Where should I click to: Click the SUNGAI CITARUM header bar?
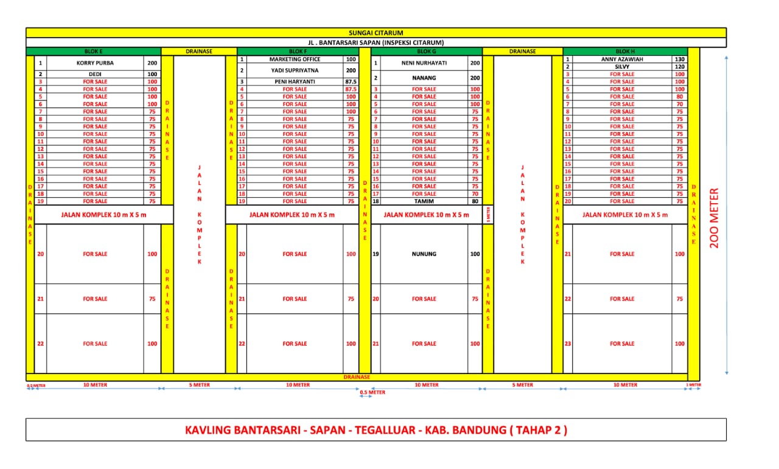pos(376,33)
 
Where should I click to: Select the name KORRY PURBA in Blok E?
pos(95,63)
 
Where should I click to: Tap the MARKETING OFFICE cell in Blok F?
pos(295,60)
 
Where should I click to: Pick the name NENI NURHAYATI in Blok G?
pos(424,63)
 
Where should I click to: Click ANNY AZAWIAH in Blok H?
pos(622,60)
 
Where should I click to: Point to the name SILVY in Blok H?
pos(622,67)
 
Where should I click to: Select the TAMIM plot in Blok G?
pos(424,201)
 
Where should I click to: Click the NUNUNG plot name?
pos(424,254)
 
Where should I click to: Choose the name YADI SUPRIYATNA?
pos(295,71)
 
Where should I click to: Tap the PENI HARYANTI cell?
pos(295,82)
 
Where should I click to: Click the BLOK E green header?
pos(93,52)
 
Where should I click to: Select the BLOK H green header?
pos(625,52)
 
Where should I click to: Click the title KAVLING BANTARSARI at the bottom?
pos(376,430)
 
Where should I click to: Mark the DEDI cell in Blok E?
pos(95,74)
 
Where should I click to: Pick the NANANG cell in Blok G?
pos(424,78)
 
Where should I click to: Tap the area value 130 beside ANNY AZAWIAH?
pos(679,60)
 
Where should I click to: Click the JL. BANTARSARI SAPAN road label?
pos(376,43)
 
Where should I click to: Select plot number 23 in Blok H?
pos(568,344)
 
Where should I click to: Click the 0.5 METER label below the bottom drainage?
pos(372,392)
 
